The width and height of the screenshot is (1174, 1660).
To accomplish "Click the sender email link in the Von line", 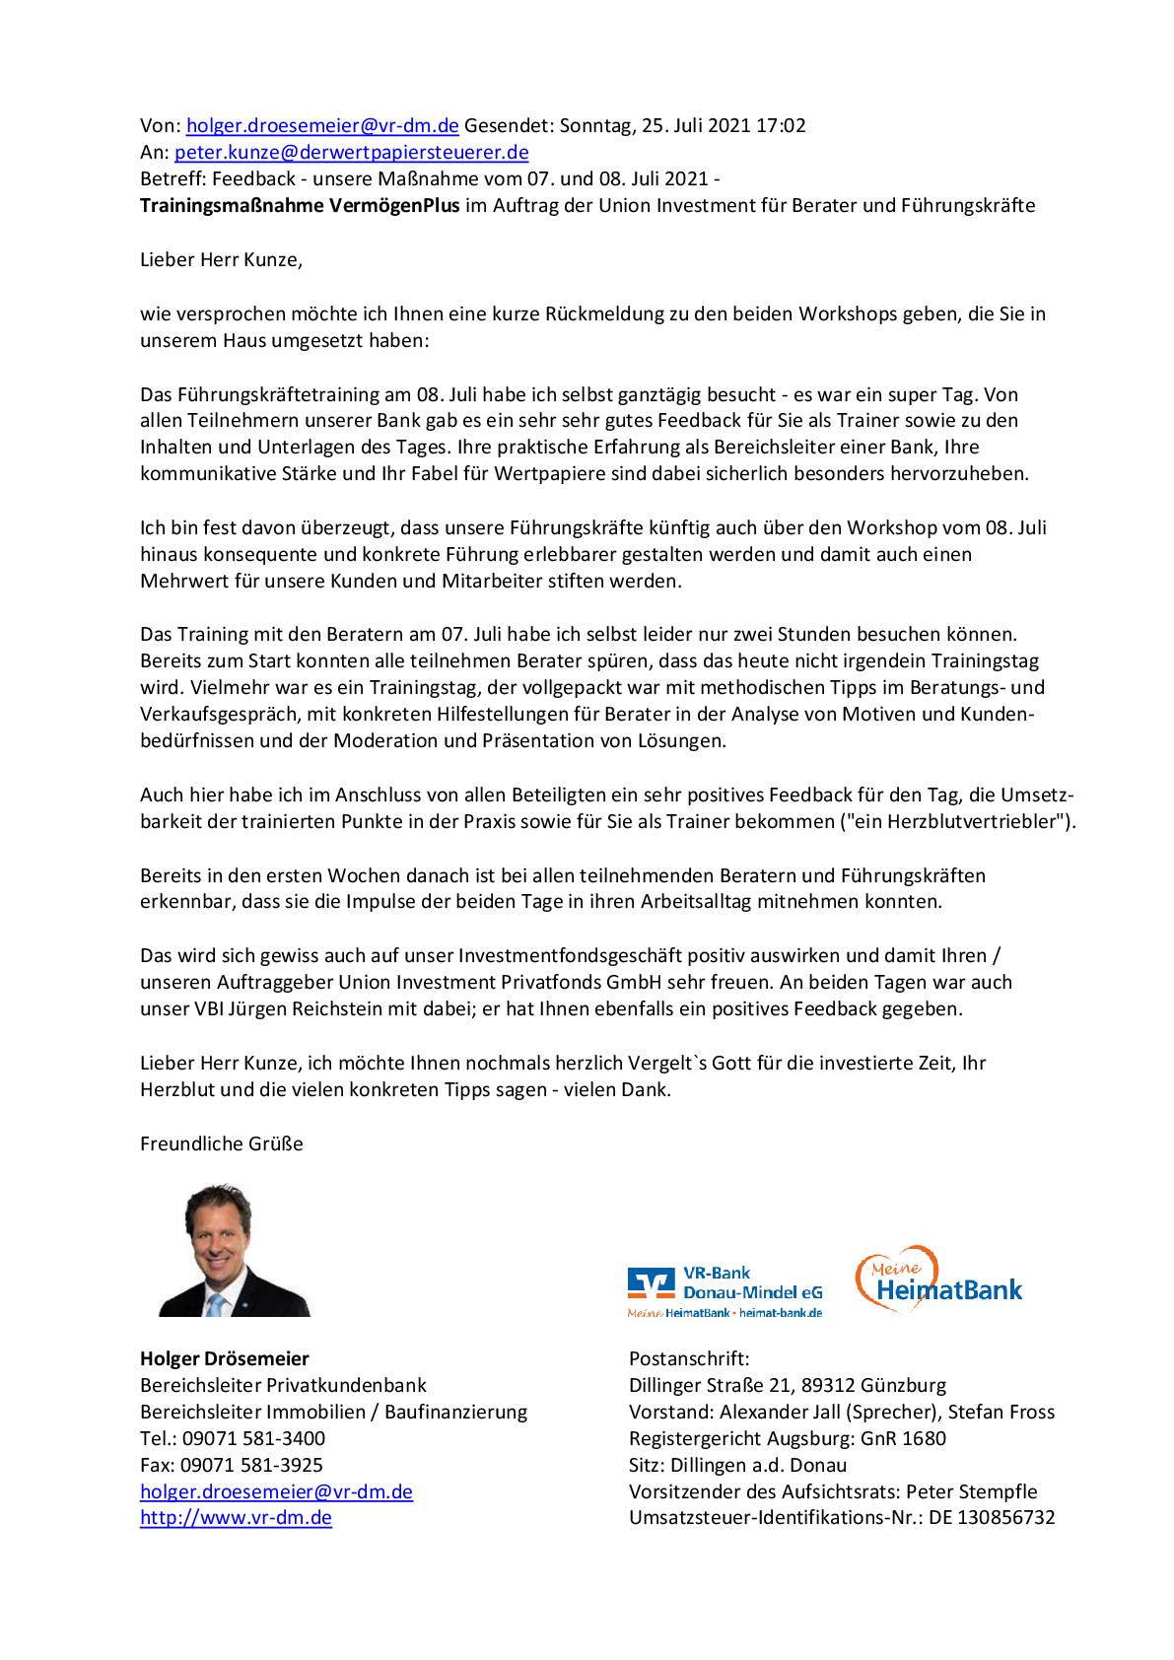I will pyautogui.click(x=322, y=125).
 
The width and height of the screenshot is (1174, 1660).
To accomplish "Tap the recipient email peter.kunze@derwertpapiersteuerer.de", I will pyautogui.click(x=351, y=152).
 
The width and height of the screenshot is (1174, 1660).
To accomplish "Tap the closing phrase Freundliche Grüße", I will pyautogui.click(x=222, y=1143).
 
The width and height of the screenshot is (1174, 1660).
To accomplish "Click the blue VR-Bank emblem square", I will pyautogui.click(x=647, y=1282).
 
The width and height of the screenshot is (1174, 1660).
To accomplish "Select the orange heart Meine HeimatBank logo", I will pyautogui.click(x=936, y=1279).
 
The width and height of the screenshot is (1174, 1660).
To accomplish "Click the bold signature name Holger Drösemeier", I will pyautogui.click(x=225, y=1358).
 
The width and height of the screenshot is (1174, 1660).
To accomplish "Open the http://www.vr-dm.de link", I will pyautogui.click(x=236, y=1518).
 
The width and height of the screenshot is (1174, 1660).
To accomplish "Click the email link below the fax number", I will pyautogui.click(x=276, y=1491).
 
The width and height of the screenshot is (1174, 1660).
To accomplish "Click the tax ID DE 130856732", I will pyautogui.click(x=992, y=1518).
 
